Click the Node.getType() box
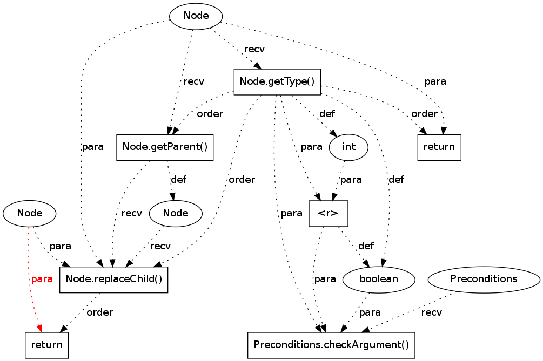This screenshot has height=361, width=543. click(277, 82)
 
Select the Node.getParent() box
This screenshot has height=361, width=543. click(165, 147)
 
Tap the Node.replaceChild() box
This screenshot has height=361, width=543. click(113, 280)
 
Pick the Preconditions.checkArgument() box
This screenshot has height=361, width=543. click(331, 345)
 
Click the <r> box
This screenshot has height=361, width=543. click(328, 214)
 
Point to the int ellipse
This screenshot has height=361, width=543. click(348, 147)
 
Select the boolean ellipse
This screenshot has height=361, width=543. click(379, 280)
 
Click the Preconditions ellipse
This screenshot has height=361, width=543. click(484, 280)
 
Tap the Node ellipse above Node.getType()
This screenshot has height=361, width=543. click(196, 16)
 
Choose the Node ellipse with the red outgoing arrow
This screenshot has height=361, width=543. click(30, 213)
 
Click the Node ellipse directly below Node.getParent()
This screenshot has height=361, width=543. click(176, 213)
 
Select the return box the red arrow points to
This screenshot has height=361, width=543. click(46, 345)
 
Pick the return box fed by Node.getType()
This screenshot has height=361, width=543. click(439, 147)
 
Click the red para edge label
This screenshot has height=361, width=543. click(42, 279)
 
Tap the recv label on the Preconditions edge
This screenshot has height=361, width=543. click(431, 312)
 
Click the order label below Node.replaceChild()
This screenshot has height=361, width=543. click(100, 312)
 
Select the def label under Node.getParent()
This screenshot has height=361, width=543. click(179, 180)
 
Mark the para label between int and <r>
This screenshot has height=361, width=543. click(351, 180)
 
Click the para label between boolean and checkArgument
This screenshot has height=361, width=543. click(370, 312)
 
